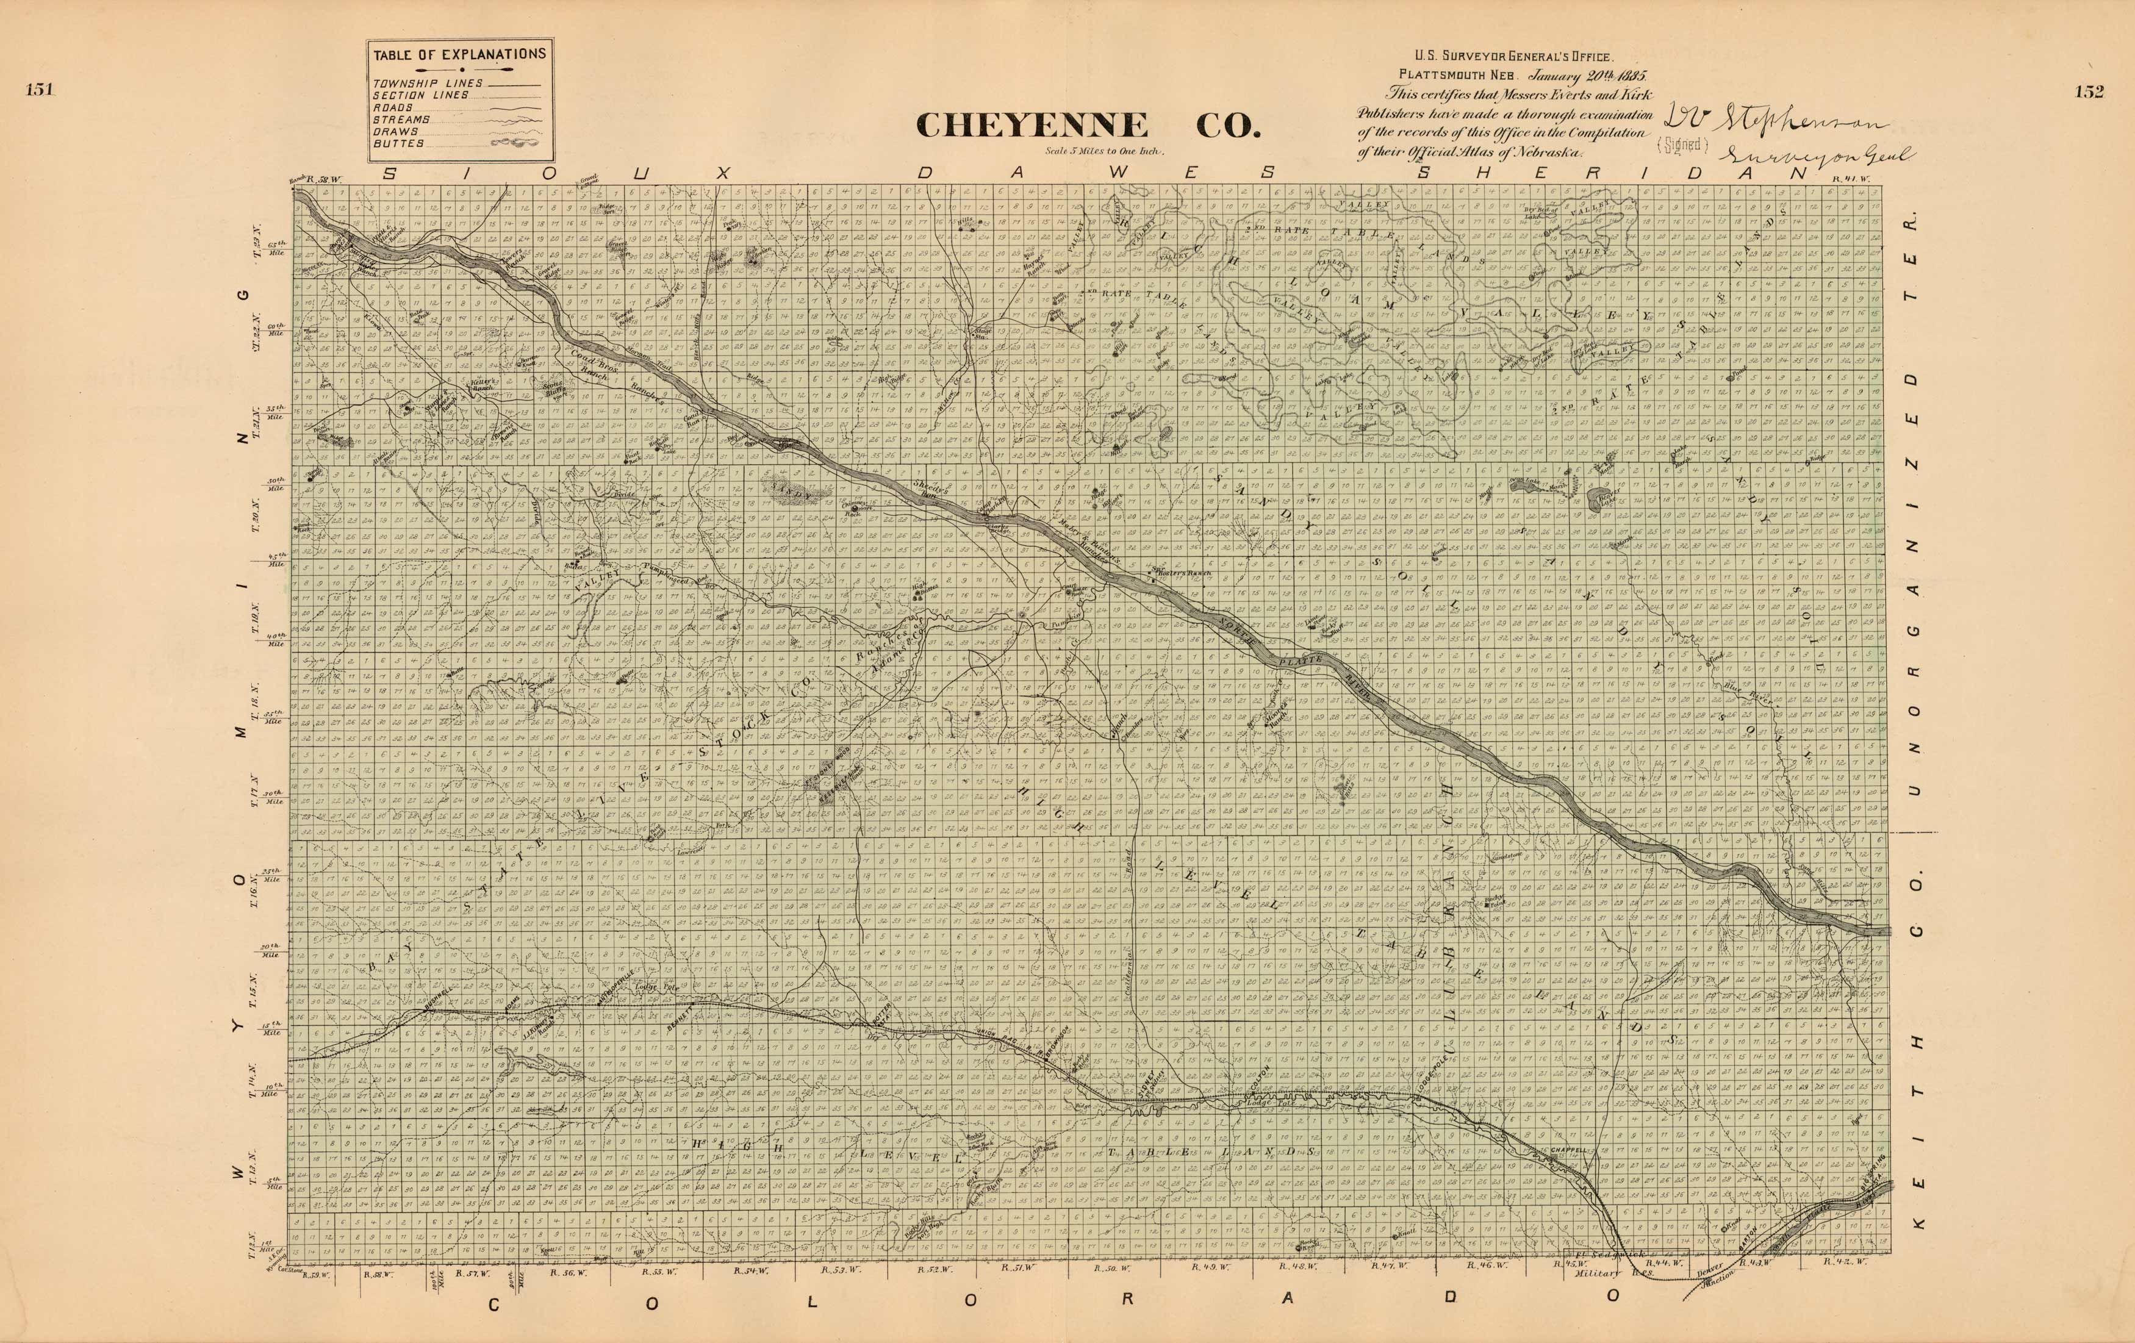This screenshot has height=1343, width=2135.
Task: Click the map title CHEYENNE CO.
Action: coord(1088,125)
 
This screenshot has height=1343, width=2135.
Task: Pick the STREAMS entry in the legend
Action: coord(401,119)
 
